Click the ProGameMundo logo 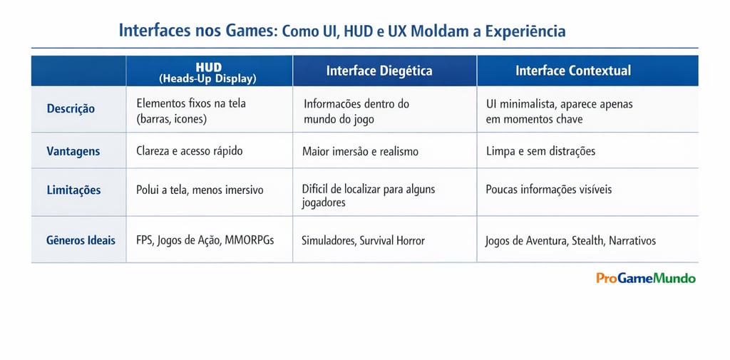[x=646, y=278]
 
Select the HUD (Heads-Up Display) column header [x=208, y=71]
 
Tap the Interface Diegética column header [x=379, y=71]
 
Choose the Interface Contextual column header [x=573, y=71]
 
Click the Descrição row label [x=71, y=109]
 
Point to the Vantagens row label [x=73, y=151]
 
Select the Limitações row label [x=73, y=190]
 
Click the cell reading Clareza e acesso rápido [x=190, y=151]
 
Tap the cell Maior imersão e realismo [x=360, y=151]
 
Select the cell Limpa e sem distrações [x=540, y=151]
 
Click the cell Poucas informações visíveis [x=548, y=190]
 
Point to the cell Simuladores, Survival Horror [x=363, y=240]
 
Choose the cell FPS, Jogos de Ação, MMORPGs [x=205, y=240]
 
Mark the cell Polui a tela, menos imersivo [x=200, y=190]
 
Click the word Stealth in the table [x=588, y=241]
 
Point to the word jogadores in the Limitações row [x=324, y=202]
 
